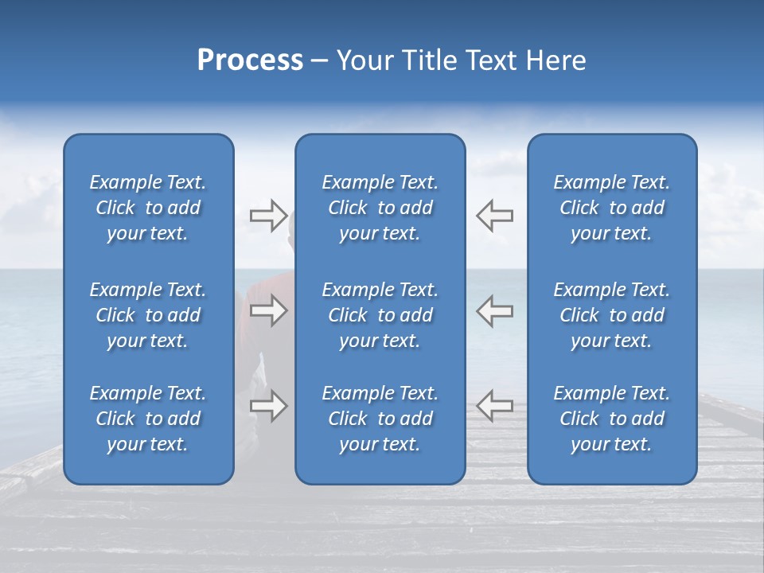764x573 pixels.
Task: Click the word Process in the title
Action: coord(250,60)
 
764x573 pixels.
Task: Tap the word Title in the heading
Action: coord(428,60)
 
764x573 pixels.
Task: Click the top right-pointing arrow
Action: coord(268,216)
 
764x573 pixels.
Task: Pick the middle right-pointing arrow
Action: coord(268,310)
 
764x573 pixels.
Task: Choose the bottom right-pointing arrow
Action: coord(268,406)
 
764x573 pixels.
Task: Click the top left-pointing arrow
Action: coord(494,216)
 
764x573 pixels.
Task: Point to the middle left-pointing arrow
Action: coord(494,310)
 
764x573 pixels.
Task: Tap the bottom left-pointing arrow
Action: coord(494,405)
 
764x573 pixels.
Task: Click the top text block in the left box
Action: coord(148,208)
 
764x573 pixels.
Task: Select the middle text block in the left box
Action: coord(148,315)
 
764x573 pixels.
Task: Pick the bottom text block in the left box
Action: coord(148,419)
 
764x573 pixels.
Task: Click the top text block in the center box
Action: coord(380,208)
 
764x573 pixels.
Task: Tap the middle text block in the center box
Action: coord(380,315)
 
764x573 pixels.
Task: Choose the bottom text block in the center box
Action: coord(380,419)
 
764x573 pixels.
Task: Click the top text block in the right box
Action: coord(612,208)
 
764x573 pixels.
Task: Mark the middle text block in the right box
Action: coord(612,315)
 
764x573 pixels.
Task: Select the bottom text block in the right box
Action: coord(612,419)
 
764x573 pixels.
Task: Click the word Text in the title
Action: coord(491,60)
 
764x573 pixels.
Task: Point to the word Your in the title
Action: coord(366,60)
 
